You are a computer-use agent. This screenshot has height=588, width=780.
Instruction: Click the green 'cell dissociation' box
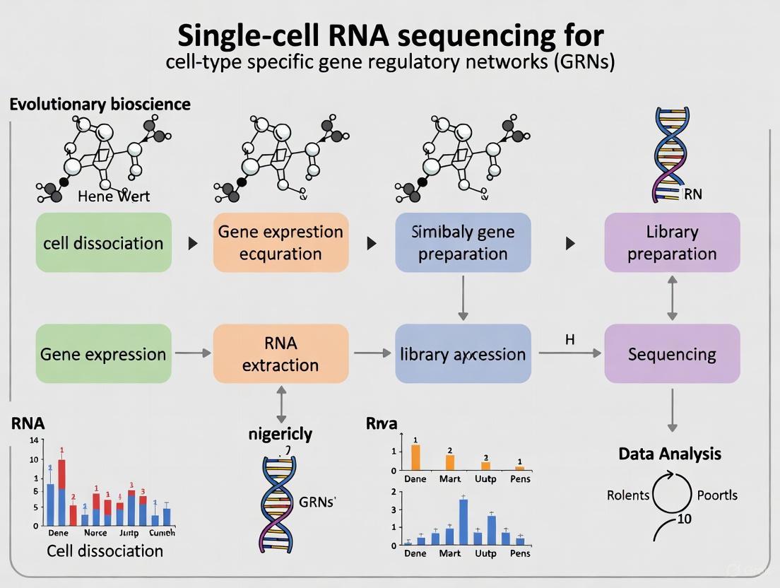pyautogui.click(x=103, y=242)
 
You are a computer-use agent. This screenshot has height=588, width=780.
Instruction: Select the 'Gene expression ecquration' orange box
pyautogui.click(x=280, y=242)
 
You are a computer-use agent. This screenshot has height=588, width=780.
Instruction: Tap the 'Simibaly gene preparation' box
pyautogui.click(x=462, y=242)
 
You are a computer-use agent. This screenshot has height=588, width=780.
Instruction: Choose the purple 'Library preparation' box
pyautogui.click(x=672, y=242)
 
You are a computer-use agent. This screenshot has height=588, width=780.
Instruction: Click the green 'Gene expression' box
pyautogui.click(x=103, y=353)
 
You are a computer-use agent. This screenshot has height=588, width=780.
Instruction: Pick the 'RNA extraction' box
pyautogui.click(x=280, y=353)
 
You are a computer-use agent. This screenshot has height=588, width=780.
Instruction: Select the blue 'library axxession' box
pyautogui.click(x=462, y=353)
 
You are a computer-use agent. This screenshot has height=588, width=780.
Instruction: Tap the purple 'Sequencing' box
pyautogui.click(x=672, y=353)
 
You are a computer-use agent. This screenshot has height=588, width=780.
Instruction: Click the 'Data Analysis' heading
pyautogui.click(x=670, y=454)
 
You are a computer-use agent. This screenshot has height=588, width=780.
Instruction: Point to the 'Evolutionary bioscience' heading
pyautogui.click(x=100, y=105)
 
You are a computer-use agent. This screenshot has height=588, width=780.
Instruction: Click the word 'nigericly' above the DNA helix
pyautogui.click(x=280, y=434)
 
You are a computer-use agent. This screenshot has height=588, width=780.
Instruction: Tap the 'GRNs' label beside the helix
pyautogui.click(x=317, y=502)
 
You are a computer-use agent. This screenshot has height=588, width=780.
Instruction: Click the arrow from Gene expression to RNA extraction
pyautogui.click(x=193, y=352)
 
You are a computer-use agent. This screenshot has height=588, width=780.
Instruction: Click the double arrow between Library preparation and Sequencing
pyautogui.click(x=672, y=298)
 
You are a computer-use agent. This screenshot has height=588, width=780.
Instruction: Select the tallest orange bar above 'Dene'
pyautogui.click(x=415, y=457)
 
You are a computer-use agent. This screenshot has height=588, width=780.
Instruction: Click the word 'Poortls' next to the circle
pyautogui.click(x=716, y=495)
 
